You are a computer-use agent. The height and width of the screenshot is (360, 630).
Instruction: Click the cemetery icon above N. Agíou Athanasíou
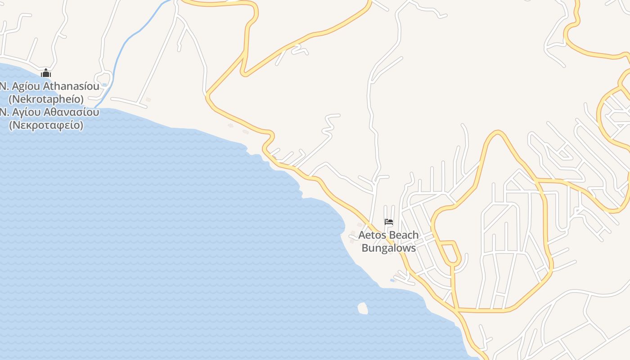(46, 73)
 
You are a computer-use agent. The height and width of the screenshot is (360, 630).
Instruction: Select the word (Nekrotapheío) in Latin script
(46, 99)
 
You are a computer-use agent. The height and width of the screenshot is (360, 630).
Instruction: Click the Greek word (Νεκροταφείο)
(46, 125)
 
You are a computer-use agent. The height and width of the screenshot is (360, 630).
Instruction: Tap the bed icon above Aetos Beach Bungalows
(389, 222)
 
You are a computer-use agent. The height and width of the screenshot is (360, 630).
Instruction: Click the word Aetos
(372, 235)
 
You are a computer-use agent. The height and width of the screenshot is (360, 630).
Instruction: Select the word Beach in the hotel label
(404, 235)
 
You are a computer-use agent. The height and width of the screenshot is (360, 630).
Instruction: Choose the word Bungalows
(389, 248)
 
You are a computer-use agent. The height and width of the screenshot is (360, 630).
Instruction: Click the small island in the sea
(362, 308)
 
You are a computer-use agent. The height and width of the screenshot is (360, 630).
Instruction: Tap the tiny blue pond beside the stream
(104, 85)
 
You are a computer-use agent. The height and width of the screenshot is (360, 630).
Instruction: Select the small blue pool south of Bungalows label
(392, 280)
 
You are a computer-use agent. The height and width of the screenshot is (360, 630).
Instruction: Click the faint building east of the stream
(148, 99)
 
